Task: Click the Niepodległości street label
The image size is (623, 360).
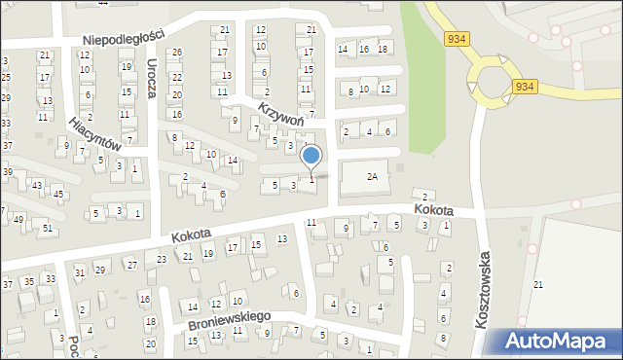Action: tap(124, 36)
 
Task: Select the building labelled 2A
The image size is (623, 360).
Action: tap(371, 177)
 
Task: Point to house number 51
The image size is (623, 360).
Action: tap(48, 228)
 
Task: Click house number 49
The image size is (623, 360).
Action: tap(18, 220)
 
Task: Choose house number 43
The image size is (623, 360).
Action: tap(37, 185)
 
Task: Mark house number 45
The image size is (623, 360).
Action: tap(58, 194)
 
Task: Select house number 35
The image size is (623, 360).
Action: tap(29, 281)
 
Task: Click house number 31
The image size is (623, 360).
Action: tap(80, 271)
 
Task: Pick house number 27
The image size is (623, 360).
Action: tap(130, 265)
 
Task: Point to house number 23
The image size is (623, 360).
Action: tap(162, 259)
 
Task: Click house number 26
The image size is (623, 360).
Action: tap(176, 52)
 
